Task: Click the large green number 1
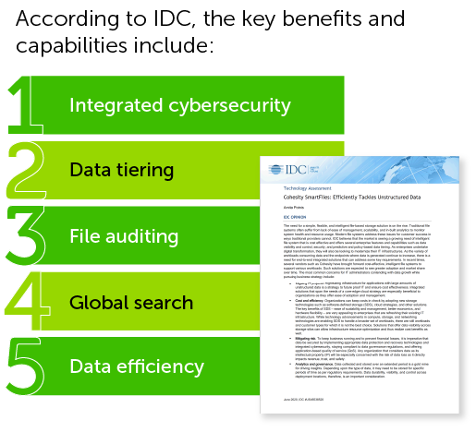point(25,104)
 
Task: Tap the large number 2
point(29,170)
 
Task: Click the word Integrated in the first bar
point(113,105)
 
